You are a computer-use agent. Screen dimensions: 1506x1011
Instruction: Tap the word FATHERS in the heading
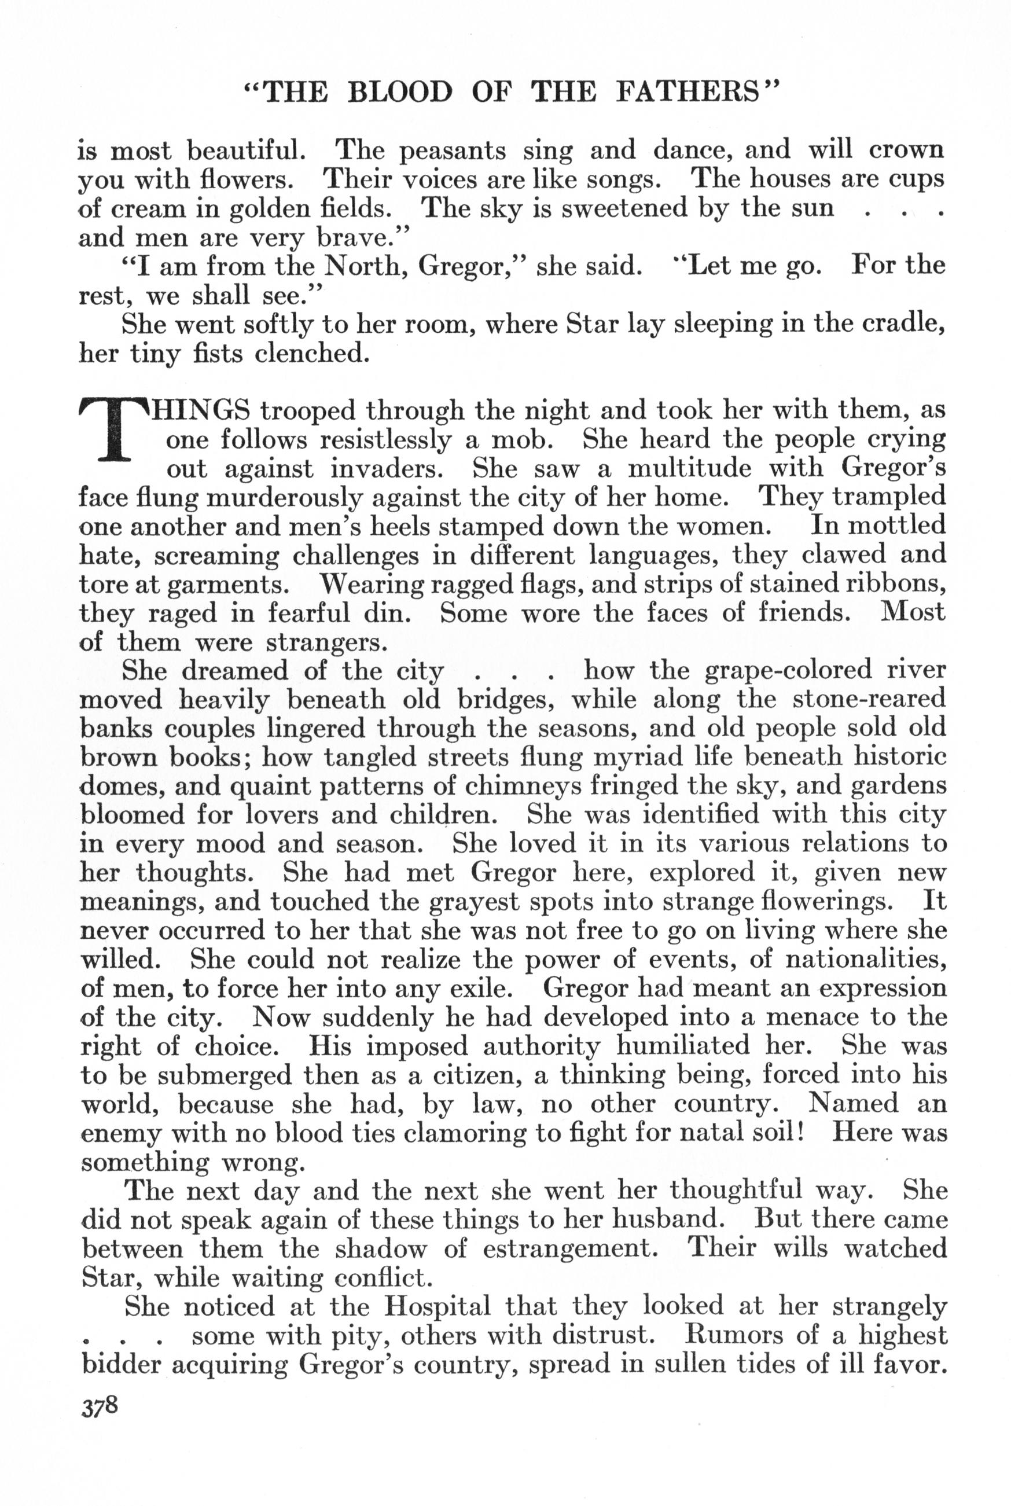696,92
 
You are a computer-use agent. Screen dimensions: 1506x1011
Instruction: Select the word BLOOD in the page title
400,92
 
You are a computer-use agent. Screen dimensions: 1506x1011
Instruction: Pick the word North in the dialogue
363,266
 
